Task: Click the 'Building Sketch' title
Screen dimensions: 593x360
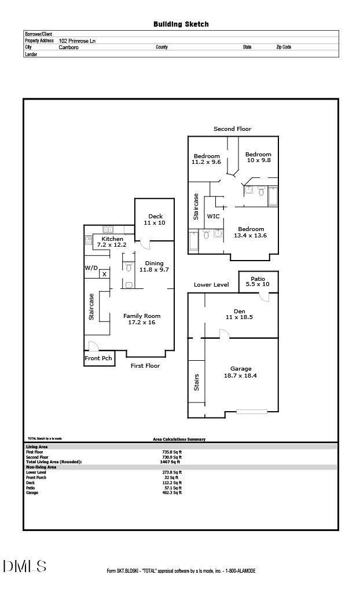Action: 181,24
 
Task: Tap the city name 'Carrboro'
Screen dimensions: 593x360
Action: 69,47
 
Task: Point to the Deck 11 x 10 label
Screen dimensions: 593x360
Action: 154,219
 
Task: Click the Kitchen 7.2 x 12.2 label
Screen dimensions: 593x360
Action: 112,242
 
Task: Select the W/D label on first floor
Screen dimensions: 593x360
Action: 91,268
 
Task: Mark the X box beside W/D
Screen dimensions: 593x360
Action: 104,274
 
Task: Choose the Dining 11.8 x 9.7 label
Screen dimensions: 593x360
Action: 154,266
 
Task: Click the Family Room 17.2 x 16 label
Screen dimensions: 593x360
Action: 142,319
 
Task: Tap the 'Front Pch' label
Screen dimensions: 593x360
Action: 98,358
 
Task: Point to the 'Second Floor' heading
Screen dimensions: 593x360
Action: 232,129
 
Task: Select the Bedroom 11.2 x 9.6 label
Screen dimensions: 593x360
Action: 207,159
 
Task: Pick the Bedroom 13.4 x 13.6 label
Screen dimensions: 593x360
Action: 251,232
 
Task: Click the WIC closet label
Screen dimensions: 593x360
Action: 214,216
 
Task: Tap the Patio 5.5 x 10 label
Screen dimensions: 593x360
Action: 258,281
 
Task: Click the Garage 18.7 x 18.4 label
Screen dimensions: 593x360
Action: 241,372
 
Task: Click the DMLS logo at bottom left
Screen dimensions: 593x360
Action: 24,566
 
